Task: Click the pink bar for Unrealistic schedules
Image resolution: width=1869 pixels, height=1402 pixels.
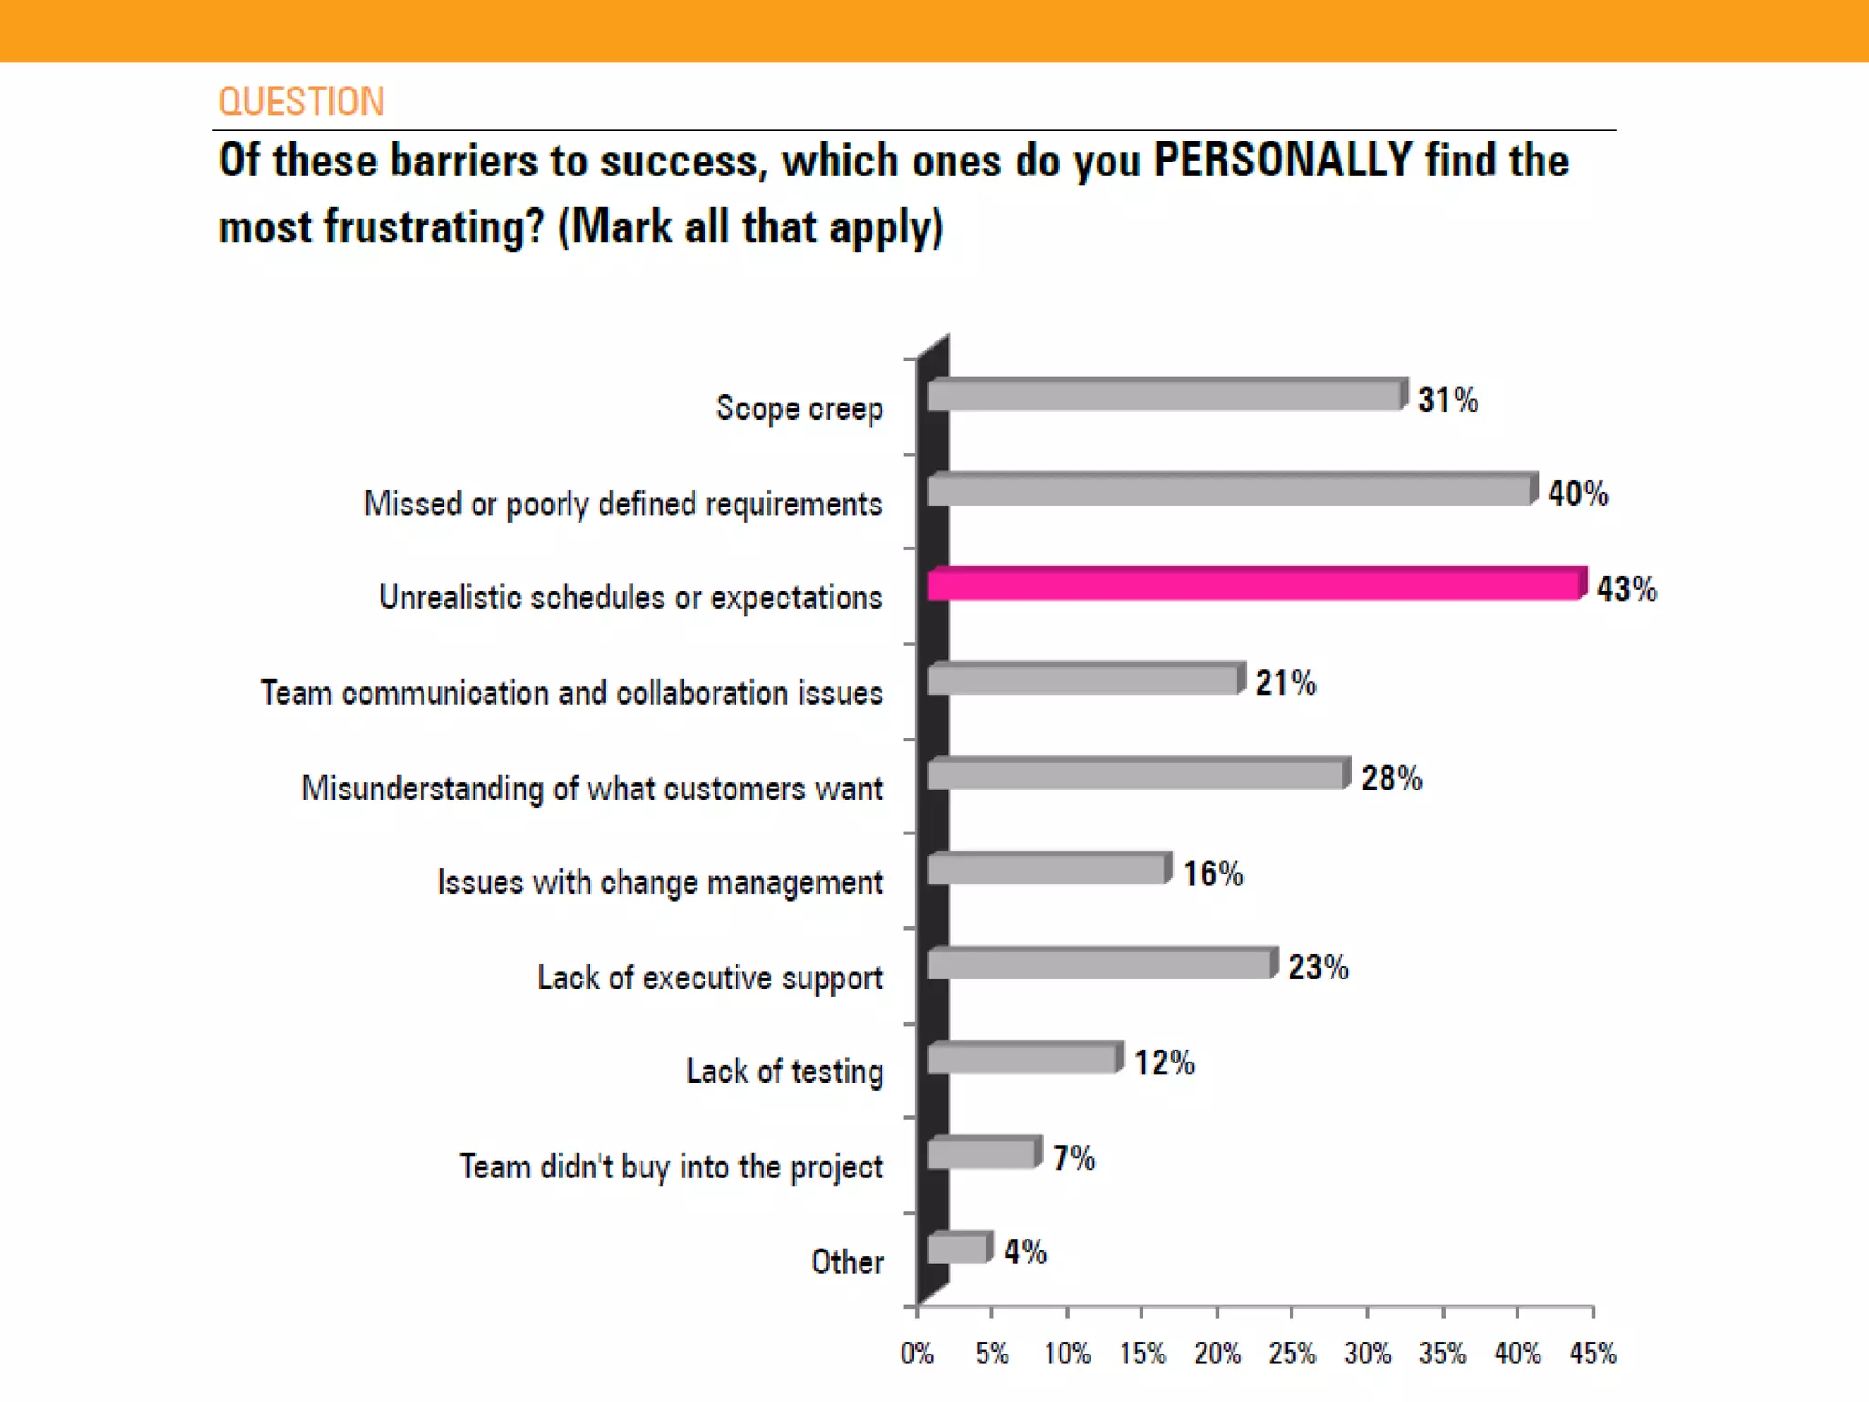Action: coord(1255,584)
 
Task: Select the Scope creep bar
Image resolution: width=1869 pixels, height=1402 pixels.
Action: coord(1165,395)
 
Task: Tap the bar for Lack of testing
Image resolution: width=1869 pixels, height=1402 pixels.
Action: coord(1023,1059)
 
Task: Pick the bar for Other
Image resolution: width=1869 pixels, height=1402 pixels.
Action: coord(957,1248)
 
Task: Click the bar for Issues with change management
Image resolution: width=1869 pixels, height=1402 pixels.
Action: coord(1048,869)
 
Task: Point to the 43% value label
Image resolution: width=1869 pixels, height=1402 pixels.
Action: coord(1626,589)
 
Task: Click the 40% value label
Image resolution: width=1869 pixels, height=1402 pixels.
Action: coord(1577,494)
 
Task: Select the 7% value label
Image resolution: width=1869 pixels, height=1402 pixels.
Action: coord(1073,1158)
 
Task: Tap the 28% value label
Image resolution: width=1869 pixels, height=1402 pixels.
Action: coord(1391,779)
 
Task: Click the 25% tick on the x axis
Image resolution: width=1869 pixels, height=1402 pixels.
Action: coord(1291,1353)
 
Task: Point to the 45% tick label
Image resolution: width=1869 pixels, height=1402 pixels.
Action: coord(1592,1353)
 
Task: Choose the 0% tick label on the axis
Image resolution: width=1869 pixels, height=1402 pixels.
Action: coord(916,1353)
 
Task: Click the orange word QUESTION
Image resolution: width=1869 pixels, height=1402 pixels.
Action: coord(301,101)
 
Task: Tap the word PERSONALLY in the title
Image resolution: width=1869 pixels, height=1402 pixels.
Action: coord(1283,161)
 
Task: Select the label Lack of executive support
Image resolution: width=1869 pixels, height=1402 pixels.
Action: coord(709,978)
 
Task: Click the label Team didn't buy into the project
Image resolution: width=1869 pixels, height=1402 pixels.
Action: coord(671,1167)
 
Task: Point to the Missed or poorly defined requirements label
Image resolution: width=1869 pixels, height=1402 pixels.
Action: coord(622,504)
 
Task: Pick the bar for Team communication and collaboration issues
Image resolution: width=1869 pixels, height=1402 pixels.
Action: coord(1083,680)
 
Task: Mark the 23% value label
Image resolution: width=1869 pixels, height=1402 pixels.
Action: coord(1318,968)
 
